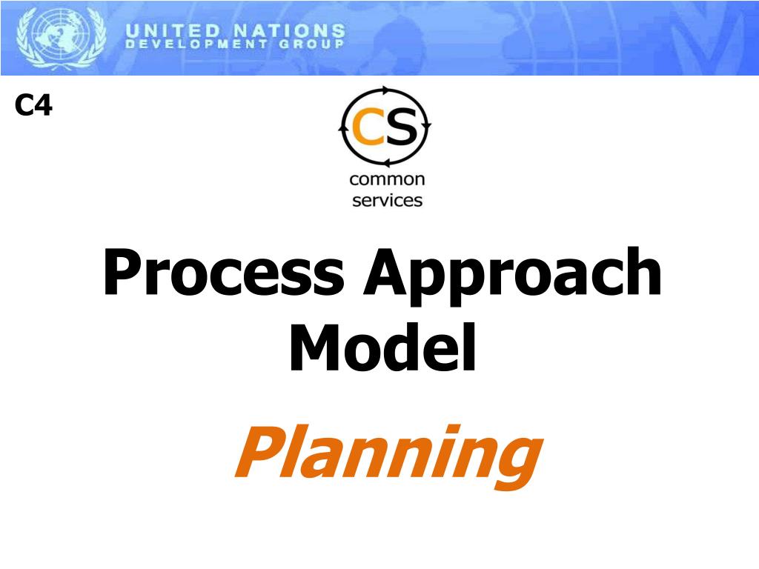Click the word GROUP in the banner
click(314, 44)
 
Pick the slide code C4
click(33, 107)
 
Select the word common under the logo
click(387, 179)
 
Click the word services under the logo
click(387, 200)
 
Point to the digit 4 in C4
click(44, 107)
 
